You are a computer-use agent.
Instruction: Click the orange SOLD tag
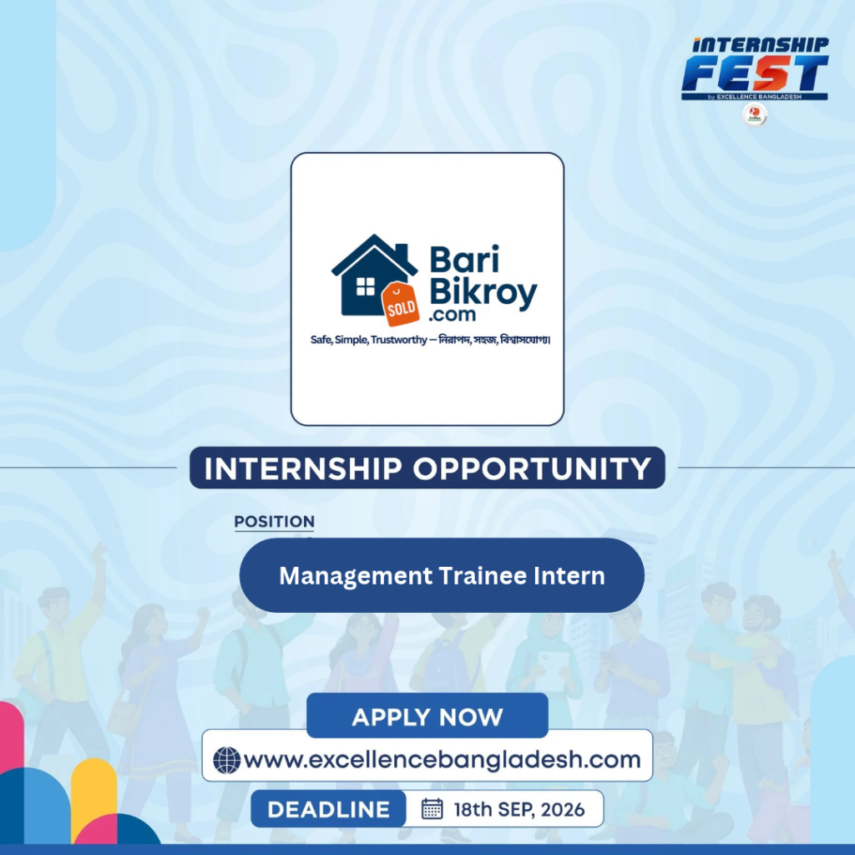401,305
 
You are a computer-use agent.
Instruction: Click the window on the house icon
366,286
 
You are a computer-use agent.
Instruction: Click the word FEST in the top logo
755,73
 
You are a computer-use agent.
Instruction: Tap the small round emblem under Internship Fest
755,114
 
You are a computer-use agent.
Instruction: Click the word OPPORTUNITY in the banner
532,468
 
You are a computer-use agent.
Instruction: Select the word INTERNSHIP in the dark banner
303,468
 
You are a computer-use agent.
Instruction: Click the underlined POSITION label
274,522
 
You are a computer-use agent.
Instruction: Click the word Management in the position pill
356,576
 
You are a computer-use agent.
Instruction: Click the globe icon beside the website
227,760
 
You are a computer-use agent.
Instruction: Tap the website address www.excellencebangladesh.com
442,760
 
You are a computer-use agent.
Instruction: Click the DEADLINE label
329,810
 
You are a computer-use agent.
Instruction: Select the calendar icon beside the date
432,808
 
